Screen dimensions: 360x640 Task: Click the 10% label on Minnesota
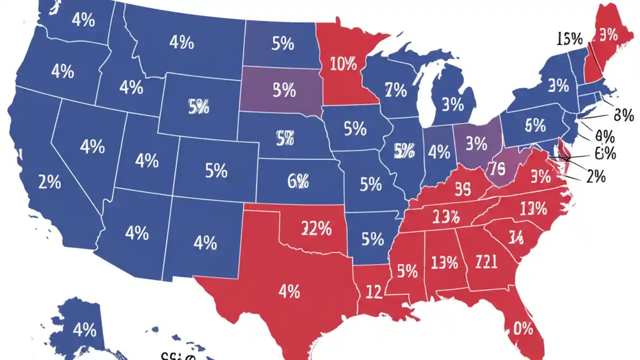[x=343, y=63]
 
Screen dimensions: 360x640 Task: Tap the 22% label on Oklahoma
[x=316, y=228]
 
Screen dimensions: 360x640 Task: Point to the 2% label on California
[x=49, y=182]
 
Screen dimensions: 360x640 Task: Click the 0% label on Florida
[x=523, y=328]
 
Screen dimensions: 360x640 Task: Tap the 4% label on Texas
[x=289, y=290]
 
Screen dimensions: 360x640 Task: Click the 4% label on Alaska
[x=84, y=329]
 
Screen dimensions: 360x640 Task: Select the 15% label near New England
[x=569, y=38]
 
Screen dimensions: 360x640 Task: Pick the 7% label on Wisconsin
[x=395, y=90]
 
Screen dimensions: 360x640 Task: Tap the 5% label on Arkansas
[x=372, y=239]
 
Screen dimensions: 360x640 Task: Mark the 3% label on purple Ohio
[x=476, y=144]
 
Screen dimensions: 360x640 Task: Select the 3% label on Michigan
[x=452, y=104]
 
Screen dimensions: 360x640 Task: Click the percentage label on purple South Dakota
[x=284, y=90]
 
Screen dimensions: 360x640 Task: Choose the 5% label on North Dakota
[x=282, y=44]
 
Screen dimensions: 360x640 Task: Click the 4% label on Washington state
[x=83, y=19]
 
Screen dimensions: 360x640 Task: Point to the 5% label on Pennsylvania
[x=535, y=125]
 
